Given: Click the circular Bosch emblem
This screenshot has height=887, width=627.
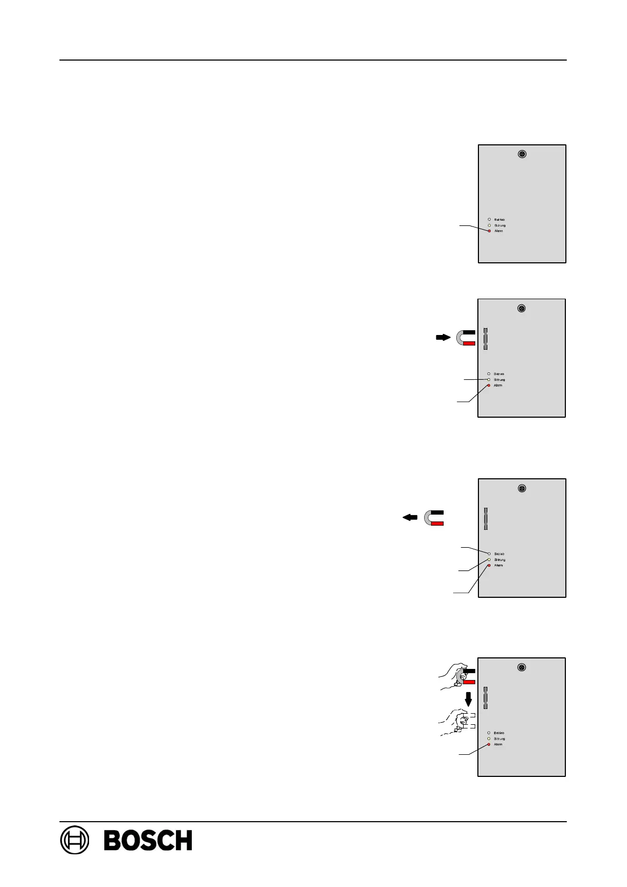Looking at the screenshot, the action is (75, 840).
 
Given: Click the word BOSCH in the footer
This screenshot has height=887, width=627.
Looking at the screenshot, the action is (148, 840).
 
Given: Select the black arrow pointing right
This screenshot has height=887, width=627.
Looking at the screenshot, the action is (443, 337).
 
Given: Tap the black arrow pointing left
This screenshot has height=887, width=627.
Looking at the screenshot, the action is (410, 517).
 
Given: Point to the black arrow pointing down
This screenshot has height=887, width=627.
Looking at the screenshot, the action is (468, 698).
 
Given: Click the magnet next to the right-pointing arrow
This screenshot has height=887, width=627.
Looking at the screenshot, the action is (466, 338).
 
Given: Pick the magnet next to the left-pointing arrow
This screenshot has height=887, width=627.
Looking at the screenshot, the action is (434, 518).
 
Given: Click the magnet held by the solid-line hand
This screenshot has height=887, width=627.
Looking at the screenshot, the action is (467, 676).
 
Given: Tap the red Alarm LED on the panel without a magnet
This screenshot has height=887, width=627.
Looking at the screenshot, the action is (489, 231).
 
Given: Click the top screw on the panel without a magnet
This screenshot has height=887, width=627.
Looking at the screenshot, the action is (522, 154).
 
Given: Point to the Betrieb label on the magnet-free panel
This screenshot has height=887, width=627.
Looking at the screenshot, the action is (499, 219).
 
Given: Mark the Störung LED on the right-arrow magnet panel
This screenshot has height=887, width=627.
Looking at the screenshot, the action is (488, 379).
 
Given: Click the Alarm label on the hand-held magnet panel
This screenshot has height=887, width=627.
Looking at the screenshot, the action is (498, 744).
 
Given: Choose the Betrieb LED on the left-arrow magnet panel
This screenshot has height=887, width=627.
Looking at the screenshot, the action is (489, 554).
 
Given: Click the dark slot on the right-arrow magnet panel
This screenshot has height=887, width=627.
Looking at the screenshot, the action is (485, 339).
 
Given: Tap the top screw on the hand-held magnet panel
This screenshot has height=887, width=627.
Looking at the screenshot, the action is (521, 667).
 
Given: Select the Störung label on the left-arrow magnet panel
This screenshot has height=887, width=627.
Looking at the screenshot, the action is (499, 559).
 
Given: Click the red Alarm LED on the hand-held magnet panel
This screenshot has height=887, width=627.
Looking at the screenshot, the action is (488, 744).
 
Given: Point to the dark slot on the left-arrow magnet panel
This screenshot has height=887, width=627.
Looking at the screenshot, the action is (486, 519).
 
